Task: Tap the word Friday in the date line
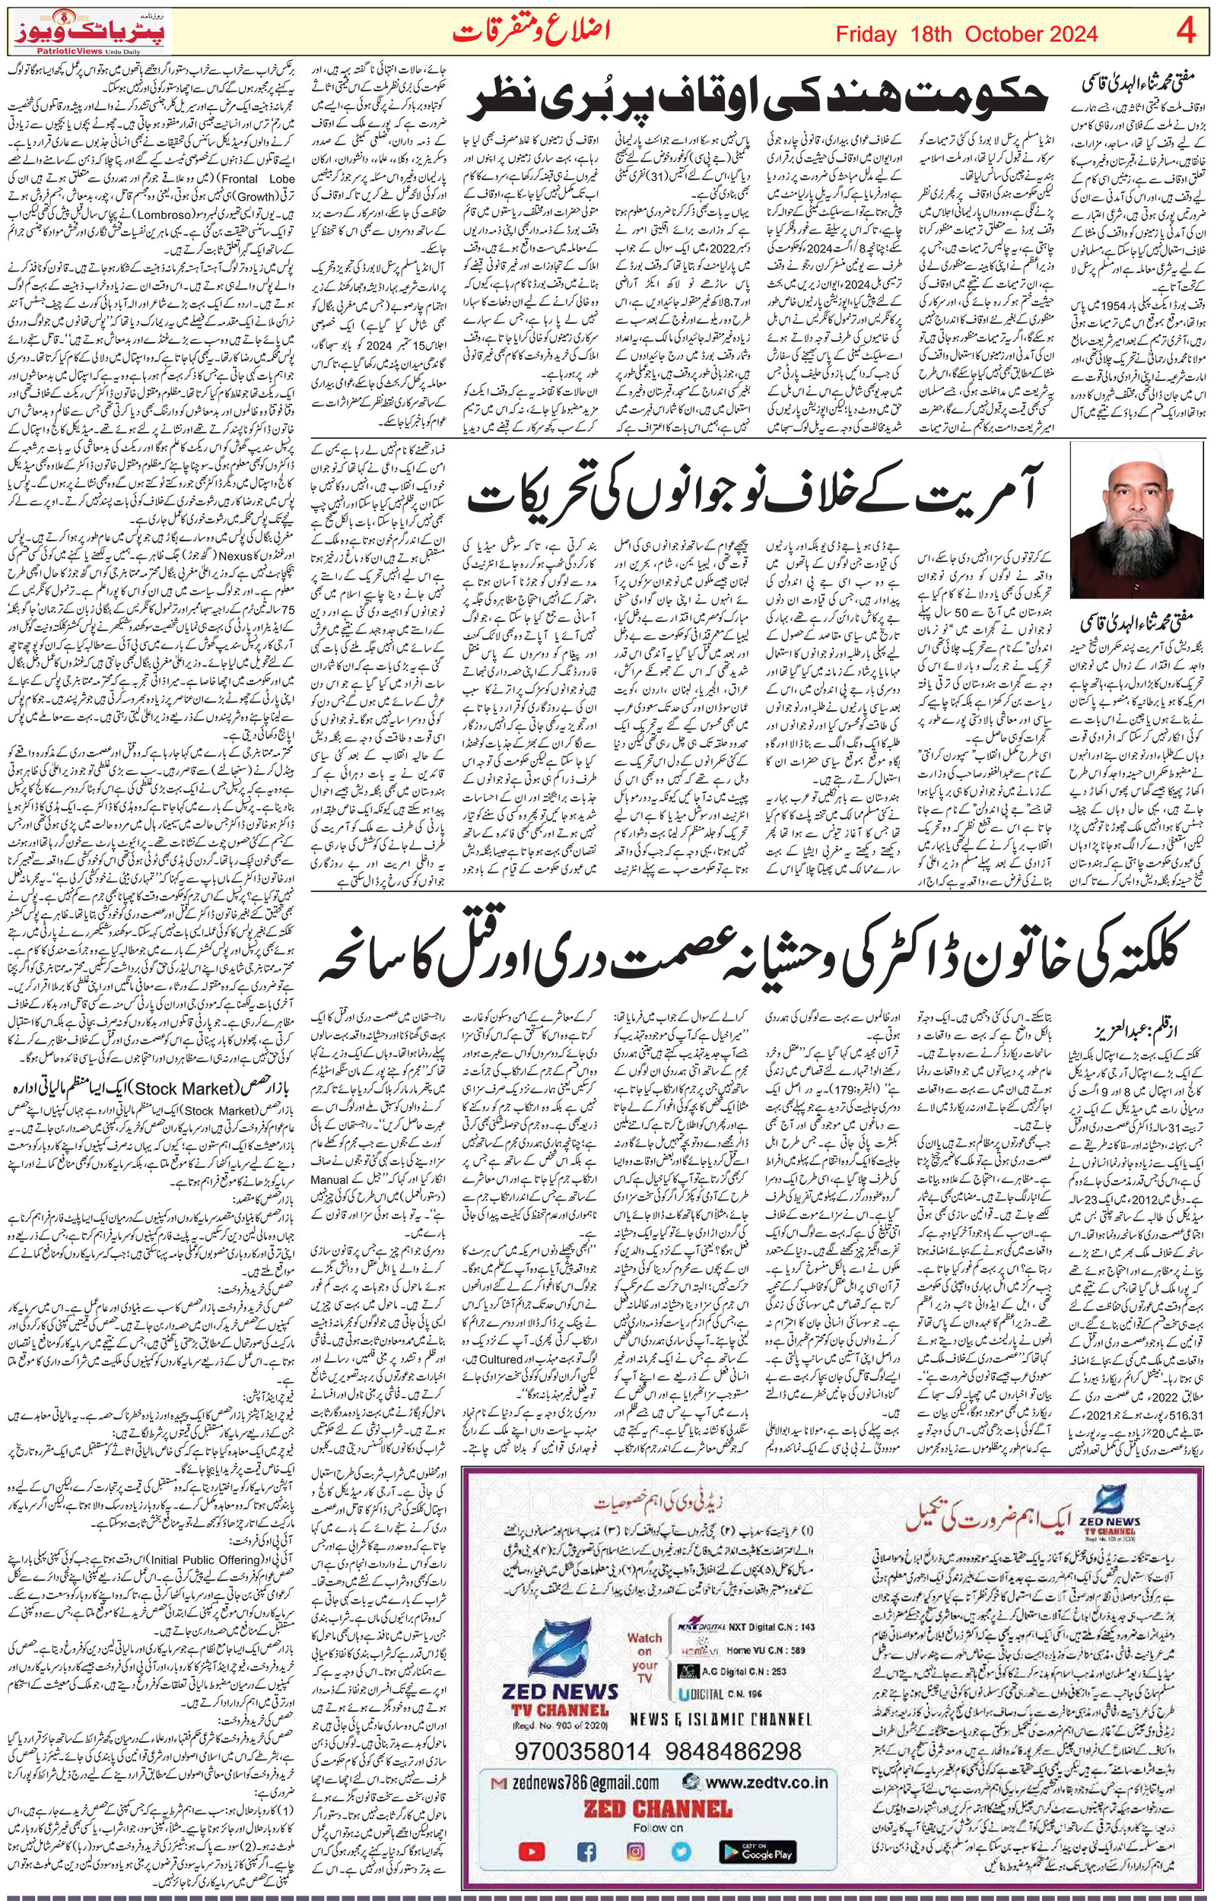point(866,34)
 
